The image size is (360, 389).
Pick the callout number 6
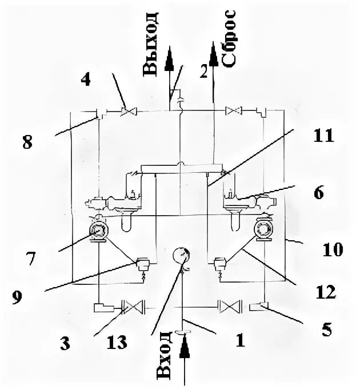coord(319,193)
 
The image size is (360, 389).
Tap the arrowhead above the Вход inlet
coord(185,347)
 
